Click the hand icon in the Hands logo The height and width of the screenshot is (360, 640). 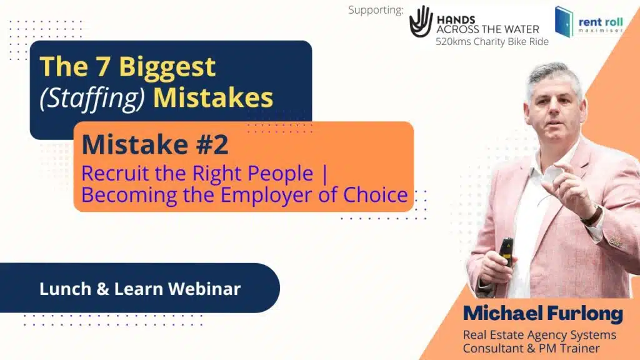pos(421,21)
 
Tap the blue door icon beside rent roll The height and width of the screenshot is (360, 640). pos(564,22)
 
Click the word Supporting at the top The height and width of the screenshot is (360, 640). pos(376,10)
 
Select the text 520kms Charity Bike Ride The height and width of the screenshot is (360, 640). pos(492,42)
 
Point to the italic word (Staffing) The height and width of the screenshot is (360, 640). pos(92,98)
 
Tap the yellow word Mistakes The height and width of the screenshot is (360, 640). pos(213,98)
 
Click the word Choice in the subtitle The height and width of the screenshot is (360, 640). pos(375,195)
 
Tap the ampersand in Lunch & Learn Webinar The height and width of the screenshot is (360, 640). pos(102,289)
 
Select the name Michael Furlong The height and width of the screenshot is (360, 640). pos(543,314)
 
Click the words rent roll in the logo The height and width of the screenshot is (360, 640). pos(601,22)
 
